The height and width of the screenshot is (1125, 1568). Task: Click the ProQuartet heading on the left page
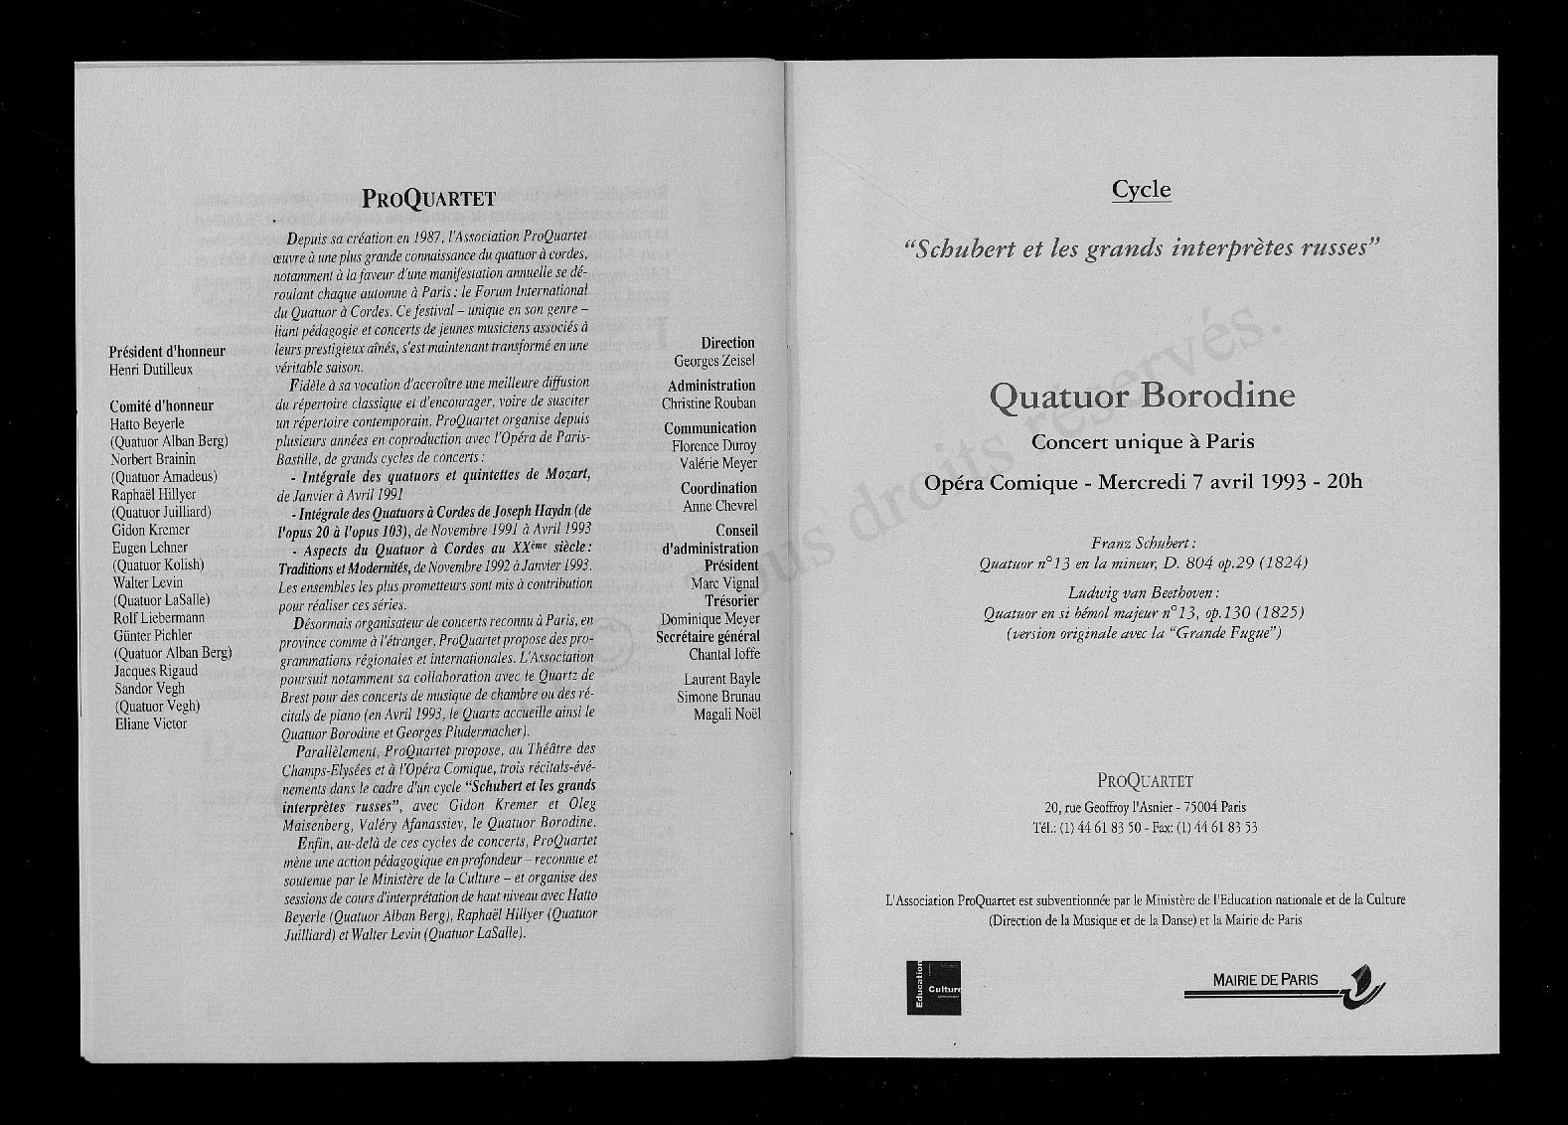tap(428, 198)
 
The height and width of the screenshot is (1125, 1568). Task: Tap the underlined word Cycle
tap(1141, 190)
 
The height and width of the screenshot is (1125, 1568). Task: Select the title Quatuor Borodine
tap(1142, 396)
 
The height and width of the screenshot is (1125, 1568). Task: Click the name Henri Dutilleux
tap(151, 370)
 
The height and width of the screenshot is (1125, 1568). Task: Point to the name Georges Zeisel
tap(714, 361)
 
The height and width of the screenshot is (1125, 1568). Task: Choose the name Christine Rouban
tap(708, 403)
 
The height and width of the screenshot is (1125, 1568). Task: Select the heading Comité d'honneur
tap(161, 405)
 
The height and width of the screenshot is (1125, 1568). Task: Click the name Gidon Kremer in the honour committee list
tap(151, 530)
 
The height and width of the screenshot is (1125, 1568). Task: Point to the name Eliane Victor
tap(151, 723)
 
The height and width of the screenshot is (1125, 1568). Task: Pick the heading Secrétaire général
tap(707, 637)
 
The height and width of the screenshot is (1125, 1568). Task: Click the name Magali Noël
tap(726, 715)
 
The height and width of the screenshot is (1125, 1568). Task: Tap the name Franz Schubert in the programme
tap(1143, 544)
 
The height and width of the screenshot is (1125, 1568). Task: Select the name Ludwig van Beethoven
tap(1143, 593)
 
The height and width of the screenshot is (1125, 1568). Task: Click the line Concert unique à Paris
tap(1143, 441)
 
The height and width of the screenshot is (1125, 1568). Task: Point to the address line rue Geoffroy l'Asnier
tap(1145, 807)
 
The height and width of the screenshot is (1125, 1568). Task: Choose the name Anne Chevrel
tap(719, 506)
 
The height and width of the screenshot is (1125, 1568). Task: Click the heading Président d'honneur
tap(167, 351)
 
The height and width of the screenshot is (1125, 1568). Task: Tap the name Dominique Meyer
tap(709, 619)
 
